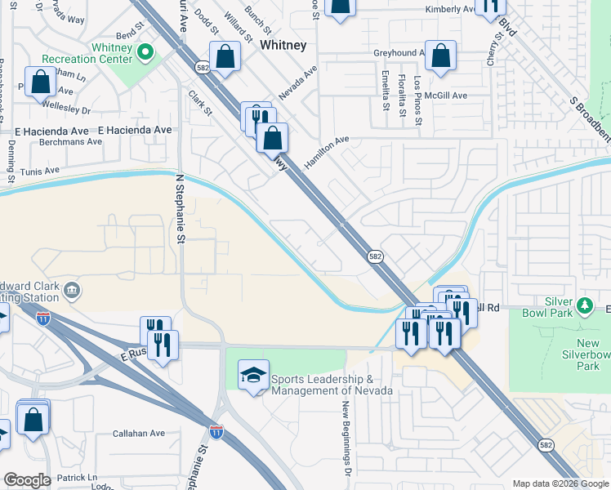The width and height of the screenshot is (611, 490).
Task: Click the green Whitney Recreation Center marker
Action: pyautogui.click(x=146, y=53)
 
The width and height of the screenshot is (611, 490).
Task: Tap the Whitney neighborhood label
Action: pyautogui.click(x=283, y=47)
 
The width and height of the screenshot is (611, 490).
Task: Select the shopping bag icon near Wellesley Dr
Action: pyautogui.click(x=40, y=83)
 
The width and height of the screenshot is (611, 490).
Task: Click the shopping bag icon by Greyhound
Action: pyautogui.click(x=440, y=56)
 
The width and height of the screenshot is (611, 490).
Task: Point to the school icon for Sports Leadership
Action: pyautogui.click(x=254, y=376)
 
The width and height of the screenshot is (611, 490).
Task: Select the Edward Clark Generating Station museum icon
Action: pyautogui.click(x=72, y=290)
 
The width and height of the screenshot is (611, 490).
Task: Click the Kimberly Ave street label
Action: pyautogui.click(x=450, y=10)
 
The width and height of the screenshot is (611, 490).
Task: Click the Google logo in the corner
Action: pyautogui.click(x=26, y=480)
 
